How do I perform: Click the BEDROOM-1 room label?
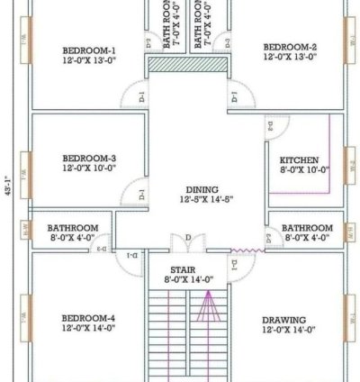[89, 49]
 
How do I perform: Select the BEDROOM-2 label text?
[290, 46]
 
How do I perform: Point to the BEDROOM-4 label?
[89, 318]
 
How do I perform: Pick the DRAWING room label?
[283, 320]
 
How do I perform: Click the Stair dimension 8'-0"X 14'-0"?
[189, 280]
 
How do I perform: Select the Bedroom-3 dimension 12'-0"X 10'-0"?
[89, 168]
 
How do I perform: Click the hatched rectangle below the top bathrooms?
[186, 66]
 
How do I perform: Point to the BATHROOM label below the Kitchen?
[307, 228]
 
